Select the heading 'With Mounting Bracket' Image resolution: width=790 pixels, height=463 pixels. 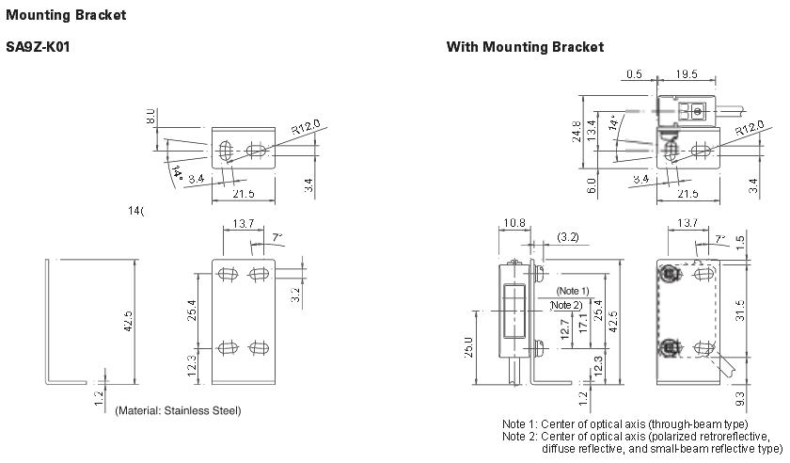(x=525, y=47)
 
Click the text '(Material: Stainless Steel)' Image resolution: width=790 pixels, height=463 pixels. (x=178, y=410)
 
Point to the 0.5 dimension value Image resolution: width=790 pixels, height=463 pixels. (x=634, y=74)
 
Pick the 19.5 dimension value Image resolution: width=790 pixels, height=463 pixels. (x=687, y=74)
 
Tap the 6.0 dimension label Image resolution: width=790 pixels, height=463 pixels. (x=592, y=184)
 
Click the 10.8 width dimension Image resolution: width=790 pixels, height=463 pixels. (x=514, y=224)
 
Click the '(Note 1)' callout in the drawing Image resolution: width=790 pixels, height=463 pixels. (x=572, y=291)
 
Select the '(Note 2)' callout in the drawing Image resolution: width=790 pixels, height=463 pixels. (x=565, y=305)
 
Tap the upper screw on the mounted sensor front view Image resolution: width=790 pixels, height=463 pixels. (x=670, y=274)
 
